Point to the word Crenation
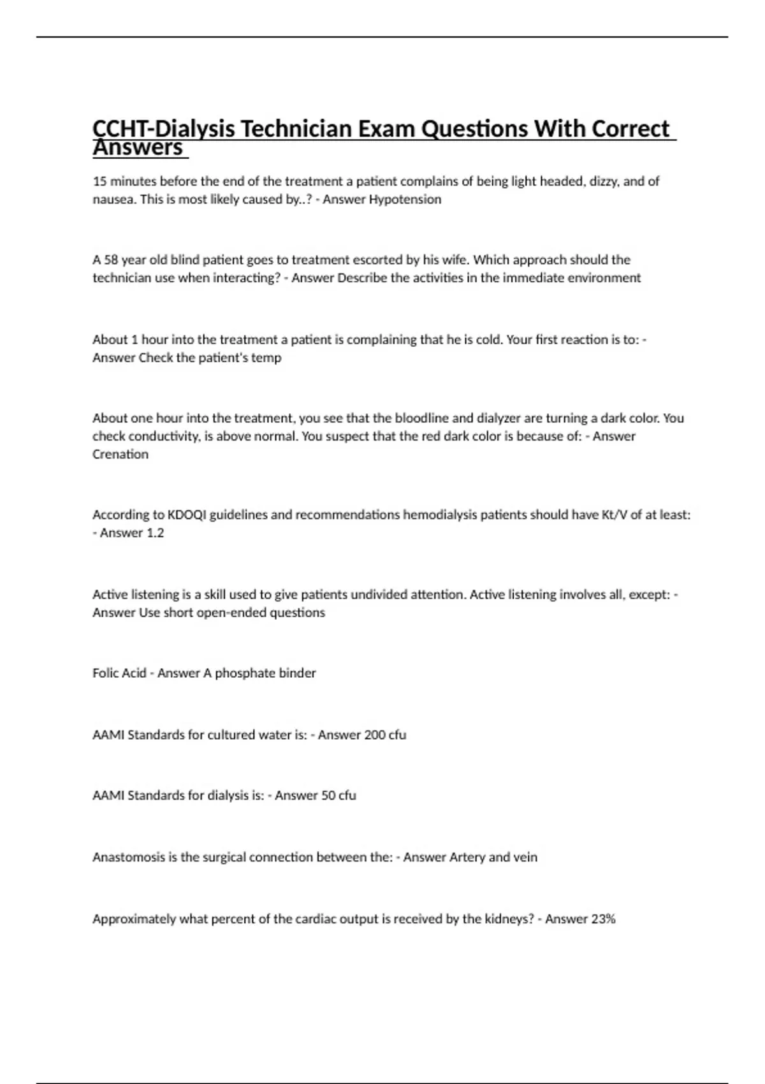pyautogui.click(x=120, y=455)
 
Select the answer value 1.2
pyautogui.click(x=155, y=533)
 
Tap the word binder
pyautogui.click(x=298, y=673)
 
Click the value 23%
pyautogui.click(x=602, y=919)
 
